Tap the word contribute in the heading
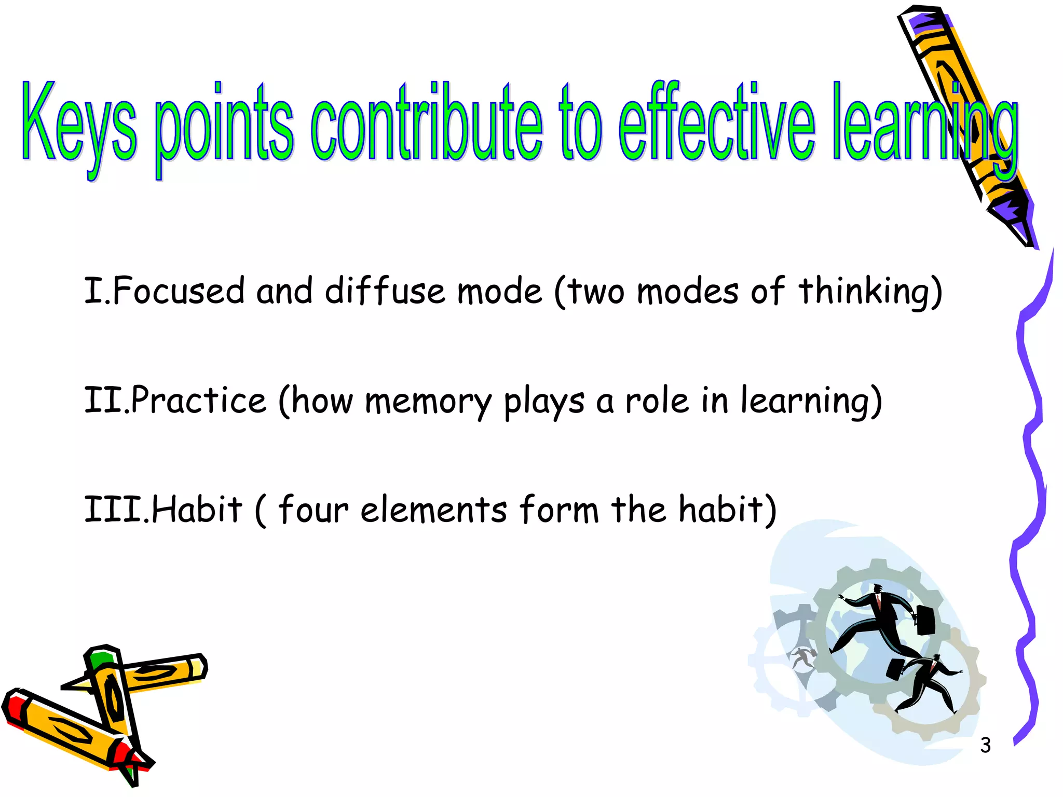(x=426, y=125)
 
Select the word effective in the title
(x=716, y=125)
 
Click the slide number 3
(x=985, y=745)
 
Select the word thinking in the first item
(x=864, y=292)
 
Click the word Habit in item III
(x=197, y=510)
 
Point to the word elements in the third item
(x=434, y=510)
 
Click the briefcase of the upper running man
(x=925, y=620)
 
